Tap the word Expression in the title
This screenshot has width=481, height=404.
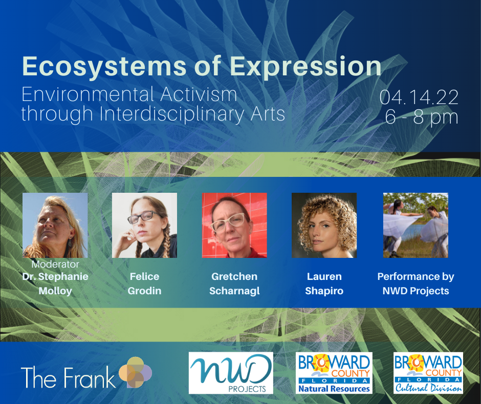[305, 67]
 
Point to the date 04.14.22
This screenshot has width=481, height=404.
[419, 97]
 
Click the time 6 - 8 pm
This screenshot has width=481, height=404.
[422, 117]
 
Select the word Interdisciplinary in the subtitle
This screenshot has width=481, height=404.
[172, 114]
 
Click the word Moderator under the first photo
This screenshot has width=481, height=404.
[55, 264]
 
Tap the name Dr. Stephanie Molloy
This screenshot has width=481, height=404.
[55, 284]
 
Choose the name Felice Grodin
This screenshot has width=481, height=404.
[144, 284]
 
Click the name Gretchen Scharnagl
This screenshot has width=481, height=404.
[234, 284]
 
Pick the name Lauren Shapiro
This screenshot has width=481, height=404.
[324, 284]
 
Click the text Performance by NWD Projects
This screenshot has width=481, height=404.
[416, 284]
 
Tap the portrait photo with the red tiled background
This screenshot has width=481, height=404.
[234, 226]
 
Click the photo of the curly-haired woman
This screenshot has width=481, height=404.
[324, 226]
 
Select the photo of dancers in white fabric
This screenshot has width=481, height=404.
[416, 226]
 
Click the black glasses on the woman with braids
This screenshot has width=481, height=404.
[144, 217]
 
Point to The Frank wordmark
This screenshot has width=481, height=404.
[68, 377]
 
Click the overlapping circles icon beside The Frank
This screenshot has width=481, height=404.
[135, 372]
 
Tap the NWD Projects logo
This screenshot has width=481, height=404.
[231, 373]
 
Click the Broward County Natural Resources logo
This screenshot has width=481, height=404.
[334, 373]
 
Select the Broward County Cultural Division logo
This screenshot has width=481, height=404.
[428, 373]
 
